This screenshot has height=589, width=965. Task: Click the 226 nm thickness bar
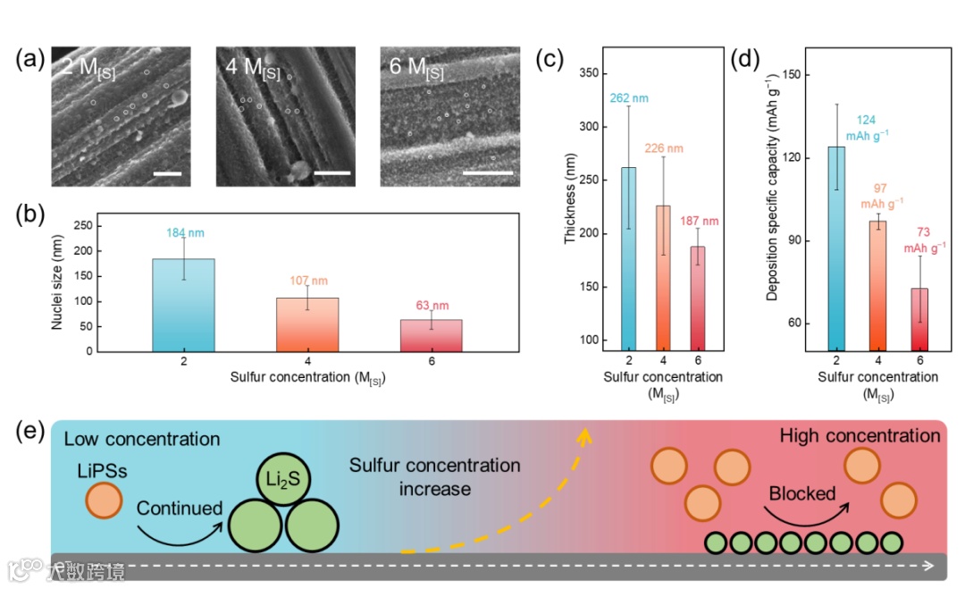(x=663, y=277)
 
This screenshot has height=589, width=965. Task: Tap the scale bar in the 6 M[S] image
(x=488, y=173)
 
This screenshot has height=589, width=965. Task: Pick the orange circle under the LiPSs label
(x=105, y=501)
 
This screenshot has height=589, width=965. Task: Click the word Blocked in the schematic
(x=802, y=493)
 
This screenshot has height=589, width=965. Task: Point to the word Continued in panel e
(x=180, y=508)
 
